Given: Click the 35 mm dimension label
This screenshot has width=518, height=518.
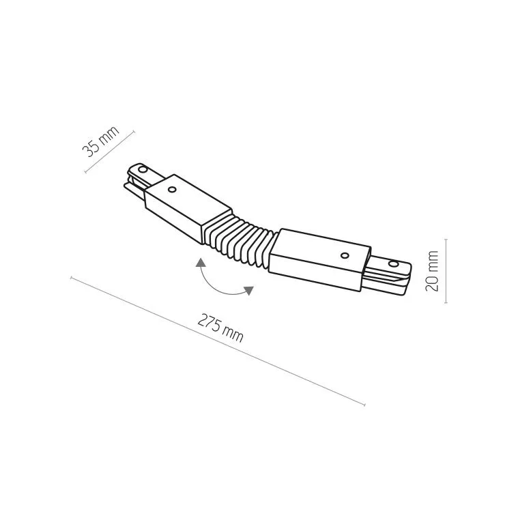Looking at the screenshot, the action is [100, 141].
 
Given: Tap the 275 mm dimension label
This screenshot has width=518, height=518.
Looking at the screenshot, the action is [220, 328].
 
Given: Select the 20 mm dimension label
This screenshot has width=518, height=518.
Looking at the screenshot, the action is [432, 271].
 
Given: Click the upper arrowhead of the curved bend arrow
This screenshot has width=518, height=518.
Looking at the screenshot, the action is [200, 263].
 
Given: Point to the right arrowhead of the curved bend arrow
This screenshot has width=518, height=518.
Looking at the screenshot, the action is [249, 290].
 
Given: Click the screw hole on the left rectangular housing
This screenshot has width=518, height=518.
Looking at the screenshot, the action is [172, 189].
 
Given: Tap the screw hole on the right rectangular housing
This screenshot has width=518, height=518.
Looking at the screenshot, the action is [345, 255].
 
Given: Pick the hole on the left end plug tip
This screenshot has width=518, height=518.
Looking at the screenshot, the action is [143, 170].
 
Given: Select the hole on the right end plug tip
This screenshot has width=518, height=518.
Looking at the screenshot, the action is [393, 263].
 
